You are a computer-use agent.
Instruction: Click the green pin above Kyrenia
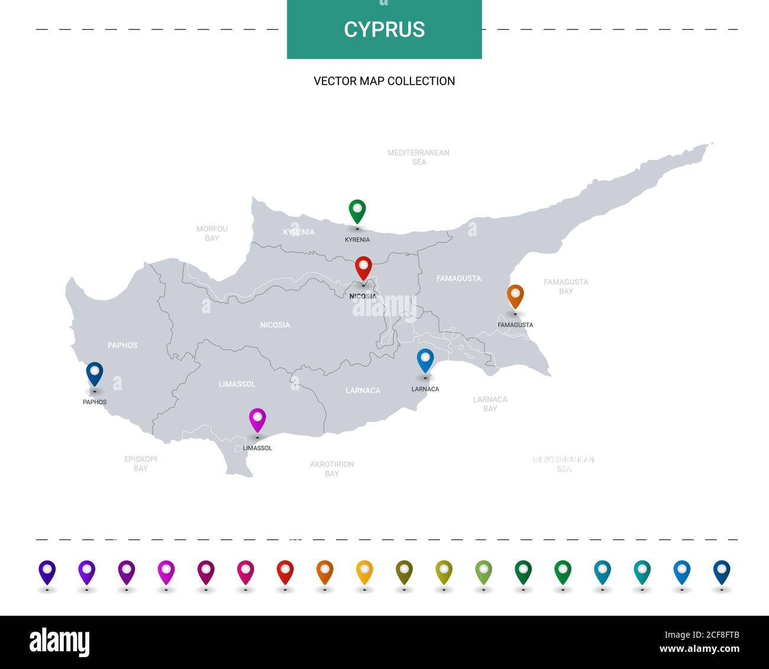(x=357, y=211)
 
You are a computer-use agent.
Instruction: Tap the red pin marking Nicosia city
(x=363, y=268)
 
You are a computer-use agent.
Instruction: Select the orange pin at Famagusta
(x=515, y=296)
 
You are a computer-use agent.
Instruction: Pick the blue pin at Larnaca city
(x=425, y=360)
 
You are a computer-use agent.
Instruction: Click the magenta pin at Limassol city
(x=257, y=419)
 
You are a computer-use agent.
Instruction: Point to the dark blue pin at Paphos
(x=95, y=374)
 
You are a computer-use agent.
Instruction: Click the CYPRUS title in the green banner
(x=384, y=30)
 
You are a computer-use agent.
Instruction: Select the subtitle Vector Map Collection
(x=384, y=81)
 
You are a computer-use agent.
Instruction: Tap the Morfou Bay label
(x=212, y=233)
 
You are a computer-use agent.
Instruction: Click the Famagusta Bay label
(x=566, y=287)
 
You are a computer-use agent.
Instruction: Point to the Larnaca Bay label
(x=490, y=404)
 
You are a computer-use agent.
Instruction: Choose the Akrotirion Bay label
(x=332, y=469)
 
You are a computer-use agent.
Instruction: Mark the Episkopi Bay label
(x=141, y=464)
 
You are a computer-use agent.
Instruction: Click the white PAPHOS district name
(x=122, y=345)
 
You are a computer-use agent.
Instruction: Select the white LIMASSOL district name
(x=237, y=384)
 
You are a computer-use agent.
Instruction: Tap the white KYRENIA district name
(x=299, y=232)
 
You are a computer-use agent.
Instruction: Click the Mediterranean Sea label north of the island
(x=418, y=157)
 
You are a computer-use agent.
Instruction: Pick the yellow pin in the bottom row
(x=364, y=572)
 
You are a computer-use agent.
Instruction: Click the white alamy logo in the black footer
(x=60, y=642)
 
